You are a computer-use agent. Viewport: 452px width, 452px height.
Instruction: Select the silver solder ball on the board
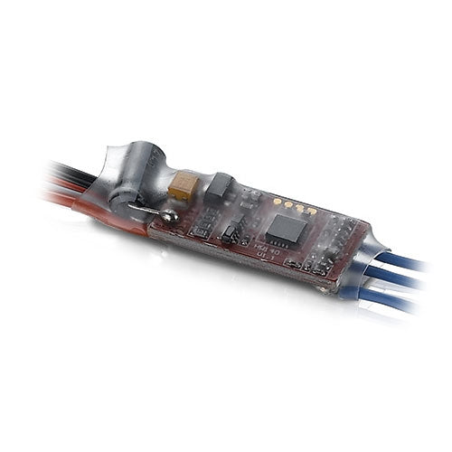coord(168,217)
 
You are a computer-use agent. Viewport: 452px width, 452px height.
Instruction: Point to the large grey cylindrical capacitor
coord(136,176)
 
